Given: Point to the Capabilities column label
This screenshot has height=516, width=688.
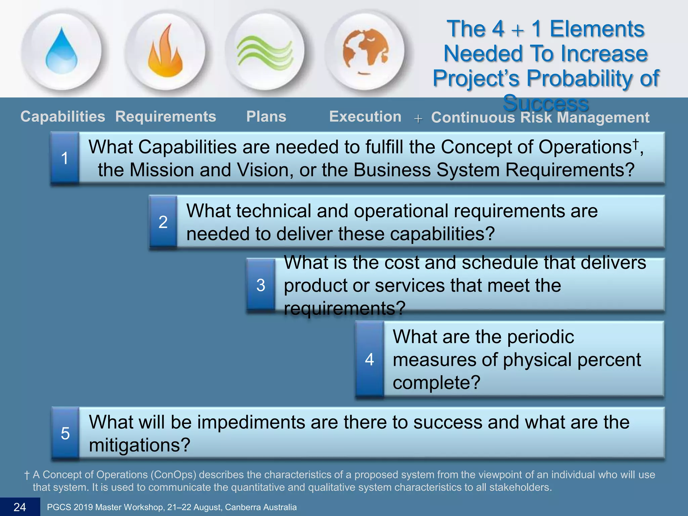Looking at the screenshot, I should (x=63, y=117).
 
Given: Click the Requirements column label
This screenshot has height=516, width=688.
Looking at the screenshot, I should (x=166, y=117).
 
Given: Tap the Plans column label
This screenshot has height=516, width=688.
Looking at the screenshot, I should (x=266, y=117).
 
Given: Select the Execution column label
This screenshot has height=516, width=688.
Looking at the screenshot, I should (x=365, y=117).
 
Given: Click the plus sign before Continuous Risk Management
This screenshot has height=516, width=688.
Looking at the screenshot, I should (x=418, y=119).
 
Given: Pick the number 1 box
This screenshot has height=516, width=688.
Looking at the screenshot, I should (x=65, y=158).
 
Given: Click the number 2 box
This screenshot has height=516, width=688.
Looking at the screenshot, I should (x=163, y=222).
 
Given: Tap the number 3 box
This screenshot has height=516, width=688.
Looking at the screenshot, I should (x=261, y=285).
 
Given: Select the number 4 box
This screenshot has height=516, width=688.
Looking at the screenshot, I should (x=370, y=359).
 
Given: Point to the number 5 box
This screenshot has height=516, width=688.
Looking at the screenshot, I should (x=65, y=433).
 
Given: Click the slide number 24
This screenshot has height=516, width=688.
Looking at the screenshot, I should (x=20, y=507).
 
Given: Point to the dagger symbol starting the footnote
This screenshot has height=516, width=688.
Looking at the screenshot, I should (x=27, y=475).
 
